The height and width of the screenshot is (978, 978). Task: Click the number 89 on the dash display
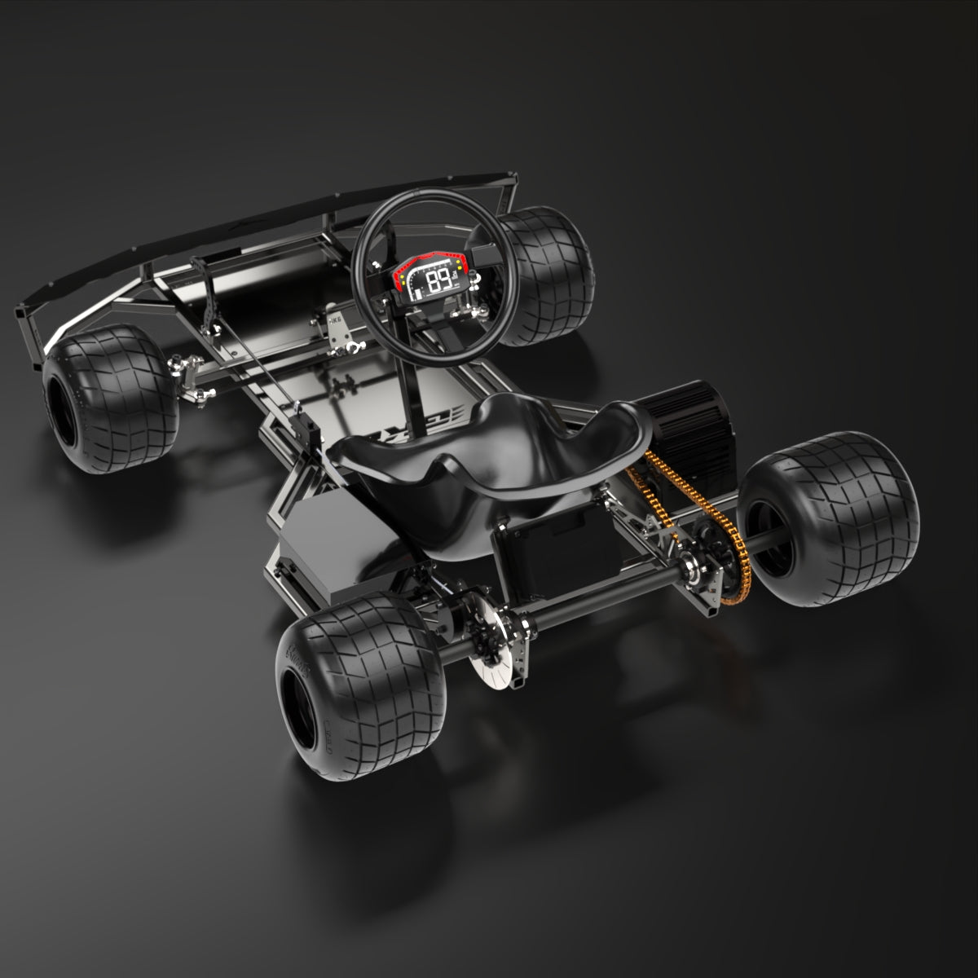[x=440, y=281]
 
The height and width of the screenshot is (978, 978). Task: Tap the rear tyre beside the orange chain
[x=831, y=513]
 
